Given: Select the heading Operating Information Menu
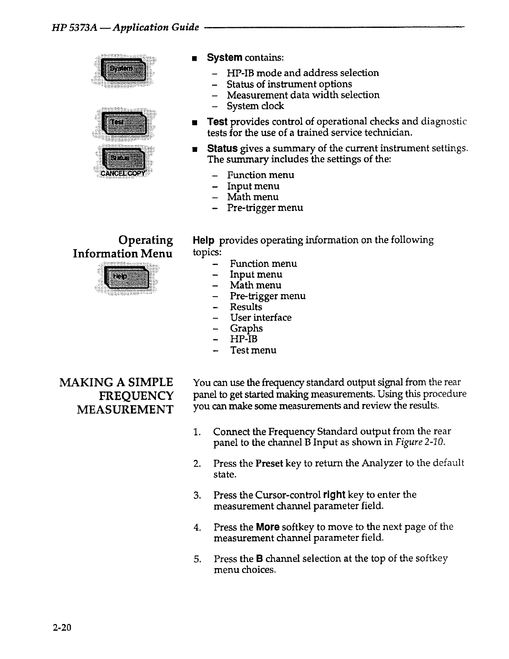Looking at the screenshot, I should (123, 247).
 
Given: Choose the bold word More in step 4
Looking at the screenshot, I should (267, 527).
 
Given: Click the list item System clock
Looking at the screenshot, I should (255, 106).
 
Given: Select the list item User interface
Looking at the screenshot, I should (261, 317).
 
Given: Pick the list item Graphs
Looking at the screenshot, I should (246, 328).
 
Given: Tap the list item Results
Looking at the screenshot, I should (246, 307).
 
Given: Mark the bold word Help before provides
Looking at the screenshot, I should (204, 240).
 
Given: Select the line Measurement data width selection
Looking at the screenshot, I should (303, 95).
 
